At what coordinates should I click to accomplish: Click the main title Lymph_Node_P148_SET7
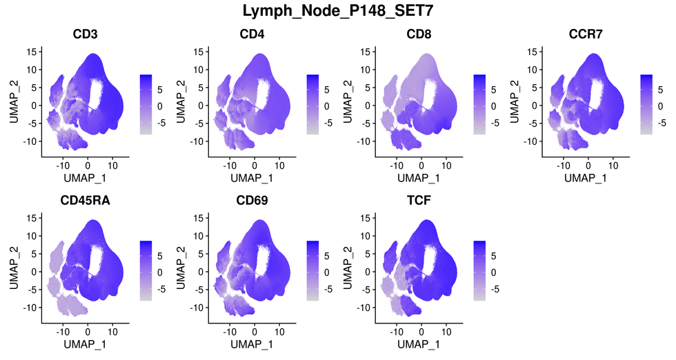coord(338,11)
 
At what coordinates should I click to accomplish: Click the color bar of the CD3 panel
coord(145,104)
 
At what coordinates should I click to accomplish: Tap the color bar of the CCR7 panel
coord(646,104)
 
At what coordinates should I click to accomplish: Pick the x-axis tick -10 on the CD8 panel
coord(397,166)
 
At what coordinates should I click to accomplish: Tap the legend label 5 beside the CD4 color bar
coord(328,89)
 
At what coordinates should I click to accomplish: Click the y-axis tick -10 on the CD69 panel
coord(197,308)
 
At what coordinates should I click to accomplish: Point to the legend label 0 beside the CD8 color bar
coord(494,106)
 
